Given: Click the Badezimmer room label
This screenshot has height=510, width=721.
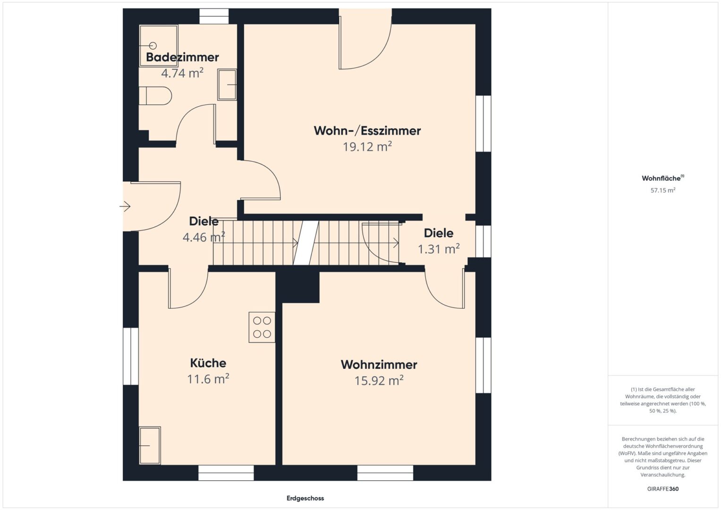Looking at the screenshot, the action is pyautogui.click(x=182, y=57).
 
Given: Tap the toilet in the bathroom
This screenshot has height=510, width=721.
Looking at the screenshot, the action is pyautogui.click(x=155, y=95).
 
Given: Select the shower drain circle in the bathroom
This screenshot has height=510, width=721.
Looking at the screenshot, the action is pyautogui.click(x=153, y=46).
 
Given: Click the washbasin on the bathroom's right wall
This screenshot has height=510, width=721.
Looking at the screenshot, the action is pyautogui.click(x=227, y=85).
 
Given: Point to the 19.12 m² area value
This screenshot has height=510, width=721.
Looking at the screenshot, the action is pyautogui.click(x=367, y=147).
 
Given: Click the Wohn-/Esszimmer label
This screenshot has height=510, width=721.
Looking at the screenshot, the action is pyautogui.click(x=367, y=131).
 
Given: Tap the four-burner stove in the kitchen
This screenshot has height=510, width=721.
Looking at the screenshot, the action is pyautogui.click(x=262, y=327).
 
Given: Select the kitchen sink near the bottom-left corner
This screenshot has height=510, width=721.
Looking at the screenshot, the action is pyautogui.click(x=150, y=445).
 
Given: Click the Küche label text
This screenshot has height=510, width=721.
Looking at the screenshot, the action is pyautogui.click(x=208, y=363).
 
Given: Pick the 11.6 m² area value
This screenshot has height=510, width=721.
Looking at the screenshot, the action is pyautogui.click(x=208, y=379).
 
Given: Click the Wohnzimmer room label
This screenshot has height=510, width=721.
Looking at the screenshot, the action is pyautogui.click(x=379, y=365).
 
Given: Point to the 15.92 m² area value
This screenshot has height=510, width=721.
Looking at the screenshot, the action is pyautogui.click(x=379, y=381).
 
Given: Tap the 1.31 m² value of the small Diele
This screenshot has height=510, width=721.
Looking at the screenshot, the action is pyautogui.click(x=438, y=249).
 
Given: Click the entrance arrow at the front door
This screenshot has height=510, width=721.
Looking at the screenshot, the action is pyautogui.click(x=125, y=206).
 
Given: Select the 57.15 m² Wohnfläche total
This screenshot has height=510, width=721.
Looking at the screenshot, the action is pyautogui.click(x=663, y=190).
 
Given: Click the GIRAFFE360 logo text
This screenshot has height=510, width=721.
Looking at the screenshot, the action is pyautogui.click(x=663, y=489).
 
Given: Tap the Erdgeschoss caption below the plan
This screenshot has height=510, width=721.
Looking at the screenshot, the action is pyautogui.click(x=305, y=498).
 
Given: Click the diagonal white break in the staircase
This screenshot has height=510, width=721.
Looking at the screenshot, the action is pyautogui.click(x=306, y=243).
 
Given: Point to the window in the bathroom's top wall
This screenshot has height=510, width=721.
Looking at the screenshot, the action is pyautogui.click(x=214, y=16).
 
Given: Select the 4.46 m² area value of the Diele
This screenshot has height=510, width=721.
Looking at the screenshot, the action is pyautogui.click(x=204, y=237).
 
